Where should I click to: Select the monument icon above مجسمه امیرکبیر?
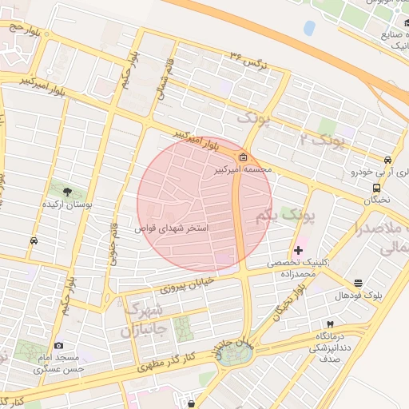(x=243, y=157)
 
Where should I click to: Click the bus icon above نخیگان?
(x=375, y=188)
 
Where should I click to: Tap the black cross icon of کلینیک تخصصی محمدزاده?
(x=299, y=250)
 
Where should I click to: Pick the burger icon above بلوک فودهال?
(x=357, y=283)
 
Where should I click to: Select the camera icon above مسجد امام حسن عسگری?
(x=58, y=345)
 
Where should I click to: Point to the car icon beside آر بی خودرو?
(x=387, y=159)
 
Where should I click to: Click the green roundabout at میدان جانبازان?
(x=234, y=354)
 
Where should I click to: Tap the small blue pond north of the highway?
(x=309, y=28)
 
